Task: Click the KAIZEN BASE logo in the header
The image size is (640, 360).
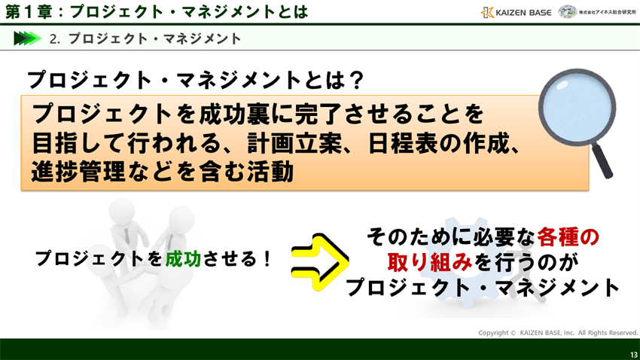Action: click(x=516, y=12)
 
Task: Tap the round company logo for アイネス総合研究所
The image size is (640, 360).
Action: click(x=568, y=12)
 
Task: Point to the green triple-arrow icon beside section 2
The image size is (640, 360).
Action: click(x=26, y=38)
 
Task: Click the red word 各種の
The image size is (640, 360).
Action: click(x=568, y=236)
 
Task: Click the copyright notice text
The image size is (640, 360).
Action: click(x=558, y=332)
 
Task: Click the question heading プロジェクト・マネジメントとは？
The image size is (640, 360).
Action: click(x=196, y=79)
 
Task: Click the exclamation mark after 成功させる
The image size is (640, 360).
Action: click(x=267, y=258)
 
